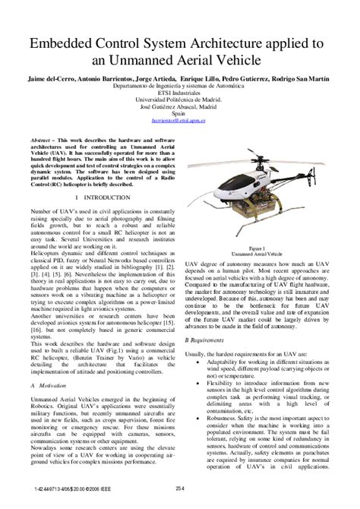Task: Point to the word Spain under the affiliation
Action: click(179, 112)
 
